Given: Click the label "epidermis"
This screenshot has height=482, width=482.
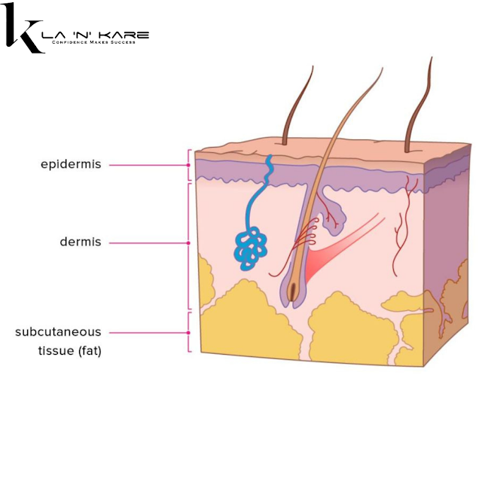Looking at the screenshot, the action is [71, 163].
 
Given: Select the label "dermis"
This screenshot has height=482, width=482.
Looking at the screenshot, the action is [81, 243].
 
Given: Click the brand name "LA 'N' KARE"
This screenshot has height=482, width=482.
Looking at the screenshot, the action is [99, 35].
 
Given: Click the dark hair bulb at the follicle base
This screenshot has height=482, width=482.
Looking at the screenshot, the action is [294, 291].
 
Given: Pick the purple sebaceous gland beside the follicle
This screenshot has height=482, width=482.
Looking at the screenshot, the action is [332, 212].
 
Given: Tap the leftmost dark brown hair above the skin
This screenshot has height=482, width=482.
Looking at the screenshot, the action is [295, 105].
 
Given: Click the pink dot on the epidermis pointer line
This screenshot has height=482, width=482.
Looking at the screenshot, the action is [188, 164].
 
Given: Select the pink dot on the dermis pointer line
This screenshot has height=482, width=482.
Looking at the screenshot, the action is [188, 243].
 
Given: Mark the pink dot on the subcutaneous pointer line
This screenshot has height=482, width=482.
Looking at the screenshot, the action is [188, 332].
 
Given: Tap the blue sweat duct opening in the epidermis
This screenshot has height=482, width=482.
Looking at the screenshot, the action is [269, 163].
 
